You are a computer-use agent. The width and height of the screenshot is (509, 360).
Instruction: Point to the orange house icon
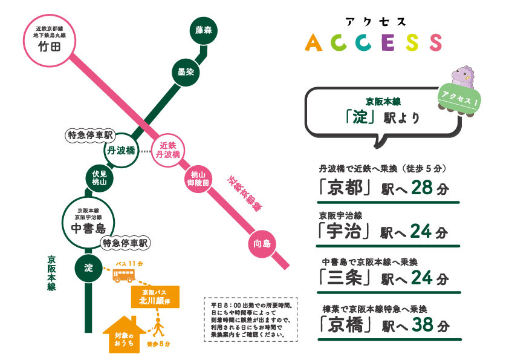pos(125,335)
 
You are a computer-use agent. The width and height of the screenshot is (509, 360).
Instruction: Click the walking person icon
pos(158,329)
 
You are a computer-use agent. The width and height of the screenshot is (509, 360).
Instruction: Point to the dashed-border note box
pos(251,319)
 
